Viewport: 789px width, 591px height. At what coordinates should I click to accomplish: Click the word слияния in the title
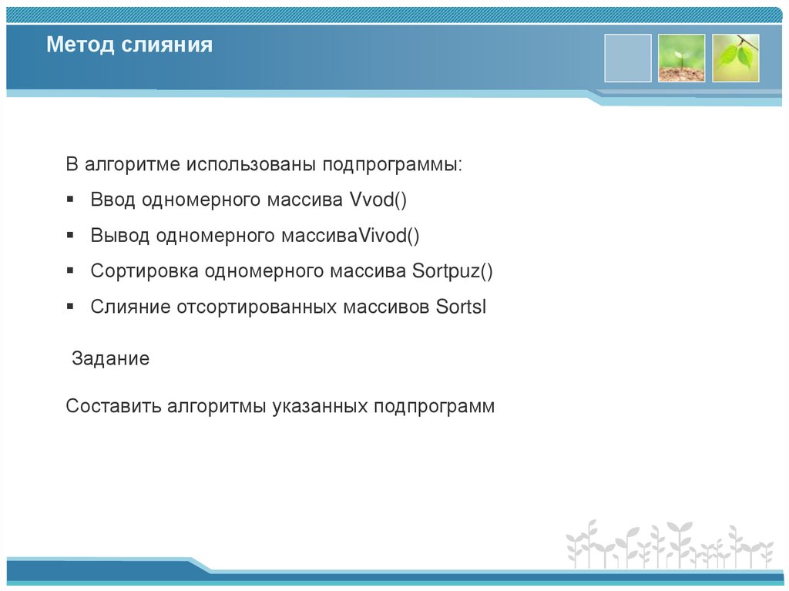click(x=166, y=45)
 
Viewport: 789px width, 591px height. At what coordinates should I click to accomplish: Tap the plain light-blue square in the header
click(x=627, y=58)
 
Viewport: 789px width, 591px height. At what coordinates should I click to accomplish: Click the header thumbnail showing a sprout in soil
click(x=681, y=58)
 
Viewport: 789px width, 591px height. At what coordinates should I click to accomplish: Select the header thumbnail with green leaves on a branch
click(x=735, y=58)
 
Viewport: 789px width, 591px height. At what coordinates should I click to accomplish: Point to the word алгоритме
click(x=133, y=165)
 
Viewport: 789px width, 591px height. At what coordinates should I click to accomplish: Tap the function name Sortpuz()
click(x=452, y=271)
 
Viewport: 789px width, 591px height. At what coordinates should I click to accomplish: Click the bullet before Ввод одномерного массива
click(x=70, y=200)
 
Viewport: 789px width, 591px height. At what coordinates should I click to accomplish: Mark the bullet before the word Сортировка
click(x=70, y=270)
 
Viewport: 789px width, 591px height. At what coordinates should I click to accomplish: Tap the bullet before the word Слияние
click(x=70, y=306)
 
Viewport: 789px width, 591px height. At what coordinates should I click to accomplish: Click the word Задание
click(x=110, y=359)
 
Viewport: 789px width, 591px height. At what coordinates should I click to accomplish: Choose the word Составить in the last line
click(x=113, y=406)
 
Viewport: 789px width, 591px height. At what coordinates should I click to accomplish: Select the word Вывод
click(x=119, y=236)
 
